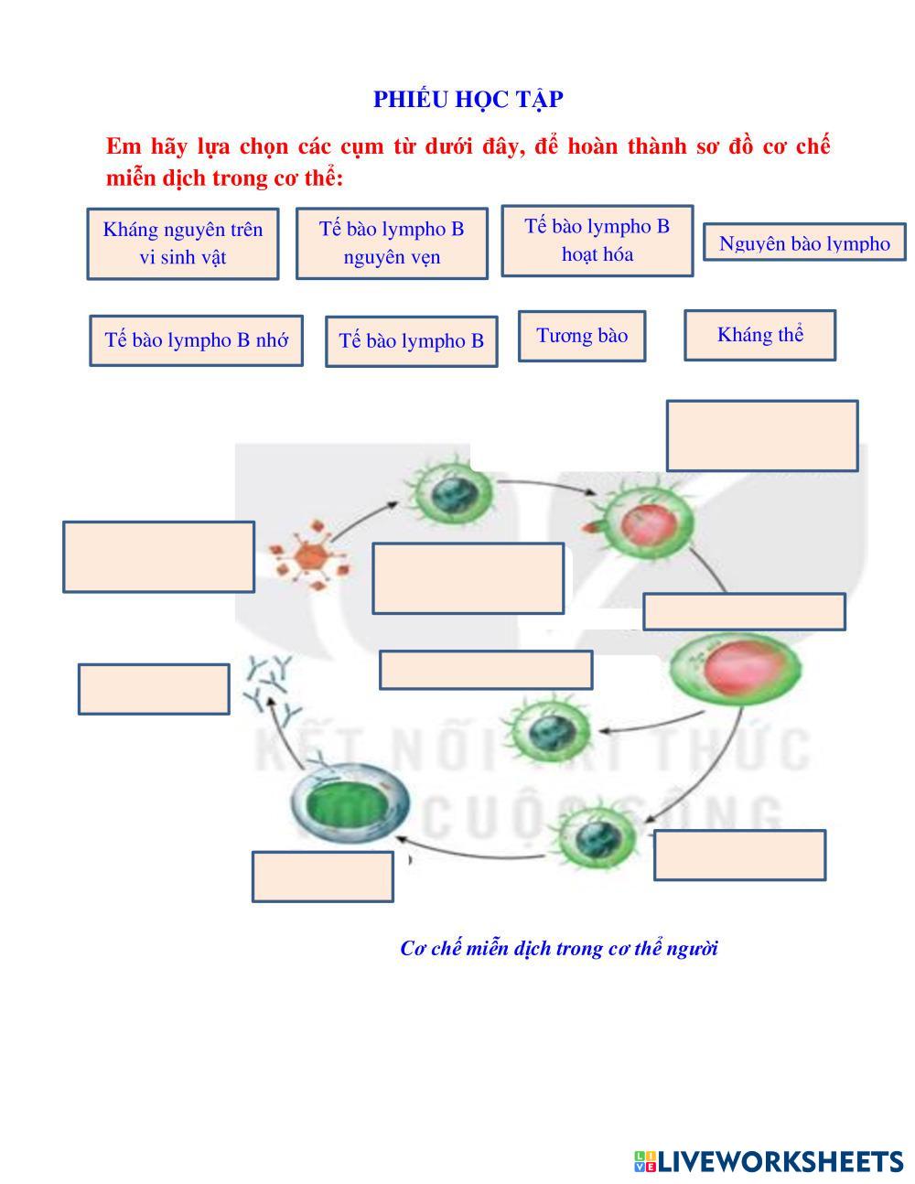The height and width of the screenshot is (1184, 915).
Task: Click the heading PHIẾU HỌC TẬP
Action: [468, 100]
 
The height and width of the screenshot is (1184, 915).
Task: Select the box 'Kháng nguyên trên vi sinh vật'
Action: [183, 243]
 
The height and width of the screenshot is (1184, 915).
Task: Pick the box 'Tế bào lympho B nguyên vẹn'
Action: [392, 242]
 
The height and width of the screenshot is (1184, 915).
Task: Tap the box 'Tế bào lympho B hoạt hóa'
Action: [597, 240]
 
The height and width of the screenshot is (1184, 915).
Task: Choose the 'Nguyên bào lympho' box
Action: [804, 242]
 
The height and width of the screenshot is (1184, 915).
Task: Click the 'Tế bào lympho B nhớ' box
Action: [196, 340]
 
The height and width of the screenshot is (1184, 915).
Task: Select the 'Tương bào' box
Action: [582, 336]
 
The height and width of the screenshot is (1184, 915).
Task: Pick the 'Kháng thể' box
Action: [759, 335]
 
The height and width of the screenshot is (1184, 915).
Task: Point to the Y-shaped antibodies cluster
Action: [271, 686]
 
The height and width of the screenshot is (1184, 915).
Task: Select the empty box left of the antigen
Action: [158, 556]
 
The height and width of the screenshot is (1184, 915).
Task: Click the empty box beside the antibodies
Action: [154, 689]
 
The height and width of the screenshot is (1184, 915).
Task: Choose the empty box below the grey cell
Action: [323, 877]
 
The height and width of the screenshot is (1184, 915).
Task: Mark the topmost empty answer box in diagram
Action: [762, 436]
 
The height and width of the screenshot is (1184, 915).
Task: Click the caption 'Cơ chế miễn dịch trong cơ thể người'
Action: [558, 948]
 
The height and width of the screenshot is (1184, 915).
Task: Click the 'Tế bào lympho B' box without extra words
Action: [411, 341]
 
